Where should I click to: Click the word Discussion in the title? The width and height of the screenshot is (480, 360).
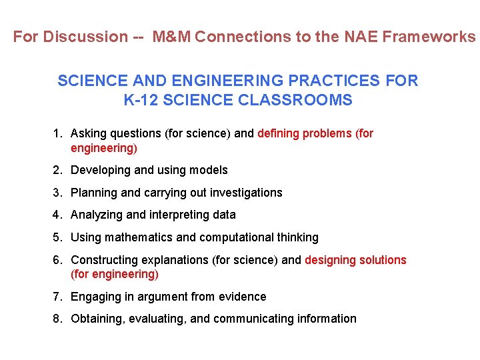pos(85,37)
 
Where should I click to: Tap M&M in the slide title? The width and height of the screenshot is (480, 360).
pos(172,37)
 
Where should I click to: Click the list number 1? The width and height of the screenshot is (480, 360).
pos(57,133)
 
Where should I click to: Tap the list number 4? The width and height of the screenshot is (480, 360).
pos(57,215)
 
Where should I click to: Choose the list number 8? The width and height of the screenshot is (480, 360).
pos(57,319)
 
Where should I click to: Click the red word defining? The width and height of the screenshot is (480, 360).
pos(279,133)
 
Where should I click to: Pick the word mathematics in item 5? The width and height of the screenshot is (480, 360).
pos(133,237)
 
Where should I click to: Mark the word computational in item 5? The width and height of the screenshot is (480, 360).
pos(236,237)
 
